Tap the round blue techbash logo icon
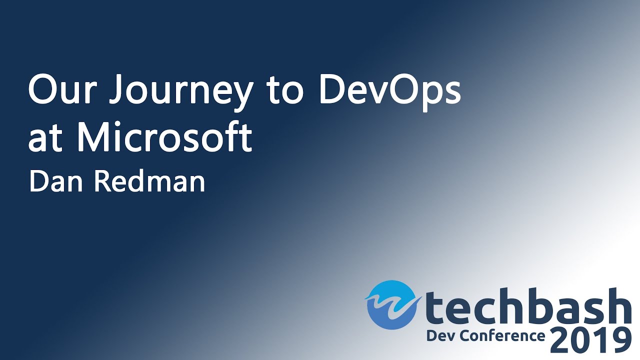point(391,304)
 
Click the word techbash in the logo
point(525,306)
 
